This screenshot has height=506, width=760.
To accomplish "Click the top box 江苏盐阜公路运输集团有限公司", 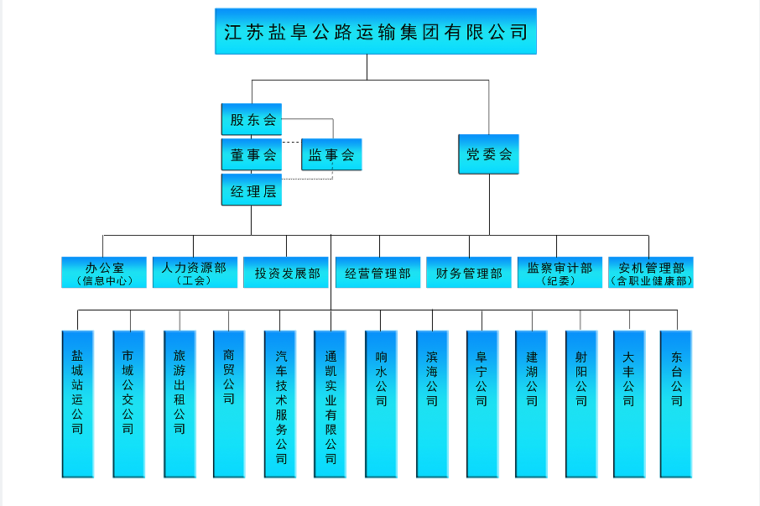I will click(x=375, y=32).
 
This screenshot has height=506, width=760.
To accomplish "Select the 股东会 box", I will click(x=252, y=119).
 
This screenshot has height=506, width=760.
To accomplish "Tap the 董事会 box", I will click(x=252, y=155).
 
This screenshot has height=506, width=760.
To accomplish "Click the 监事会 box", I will click(x=331, y=155).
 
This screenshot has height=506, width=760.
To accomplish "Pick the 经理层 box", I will click(x=252, y=191).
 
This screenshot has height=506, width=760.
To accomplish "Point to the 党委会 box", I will click(x=488, y=154).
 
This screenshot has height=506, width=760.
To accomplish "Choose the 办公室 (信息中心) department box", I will click(x=104, y=273).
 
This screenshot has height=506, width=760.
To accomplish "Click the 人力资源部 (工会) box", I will click(x=194, y=273).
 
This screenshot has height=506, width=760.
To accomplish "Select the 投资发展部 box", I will click(x=286, y=273).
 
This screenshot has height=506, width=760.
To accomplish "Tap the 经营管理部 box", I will click(x=377, y=273).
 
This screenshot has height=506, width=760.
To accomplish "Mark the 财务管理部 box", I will click(x=469, y=273).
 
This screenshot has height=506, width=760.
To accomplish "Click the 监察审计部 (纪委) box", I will click(x=560, y=273).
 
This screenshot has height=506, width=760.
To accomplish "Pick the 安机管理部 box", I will click(x=651, y=273).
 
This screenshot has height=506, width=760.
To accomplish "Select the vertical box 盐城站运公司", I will click(x=77, y=404).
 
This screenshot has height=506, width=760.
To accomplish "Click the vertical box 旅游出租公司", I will click(x=179, y=404).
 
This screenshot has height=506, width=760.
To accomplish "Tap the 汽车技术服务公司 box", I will click(x=280, y=404).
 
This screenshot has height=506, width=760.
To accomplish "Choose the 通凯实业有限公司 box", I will click(x=331, y=404).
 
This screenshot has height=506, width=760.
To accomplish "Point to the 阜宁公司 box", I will click(x=482, y=404).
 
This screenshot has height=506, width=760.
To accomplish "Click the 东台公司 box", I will click(x=676, y=404).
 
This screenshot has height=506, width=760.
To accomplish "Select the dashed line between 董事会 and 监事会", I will click(x=291, y=143).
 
